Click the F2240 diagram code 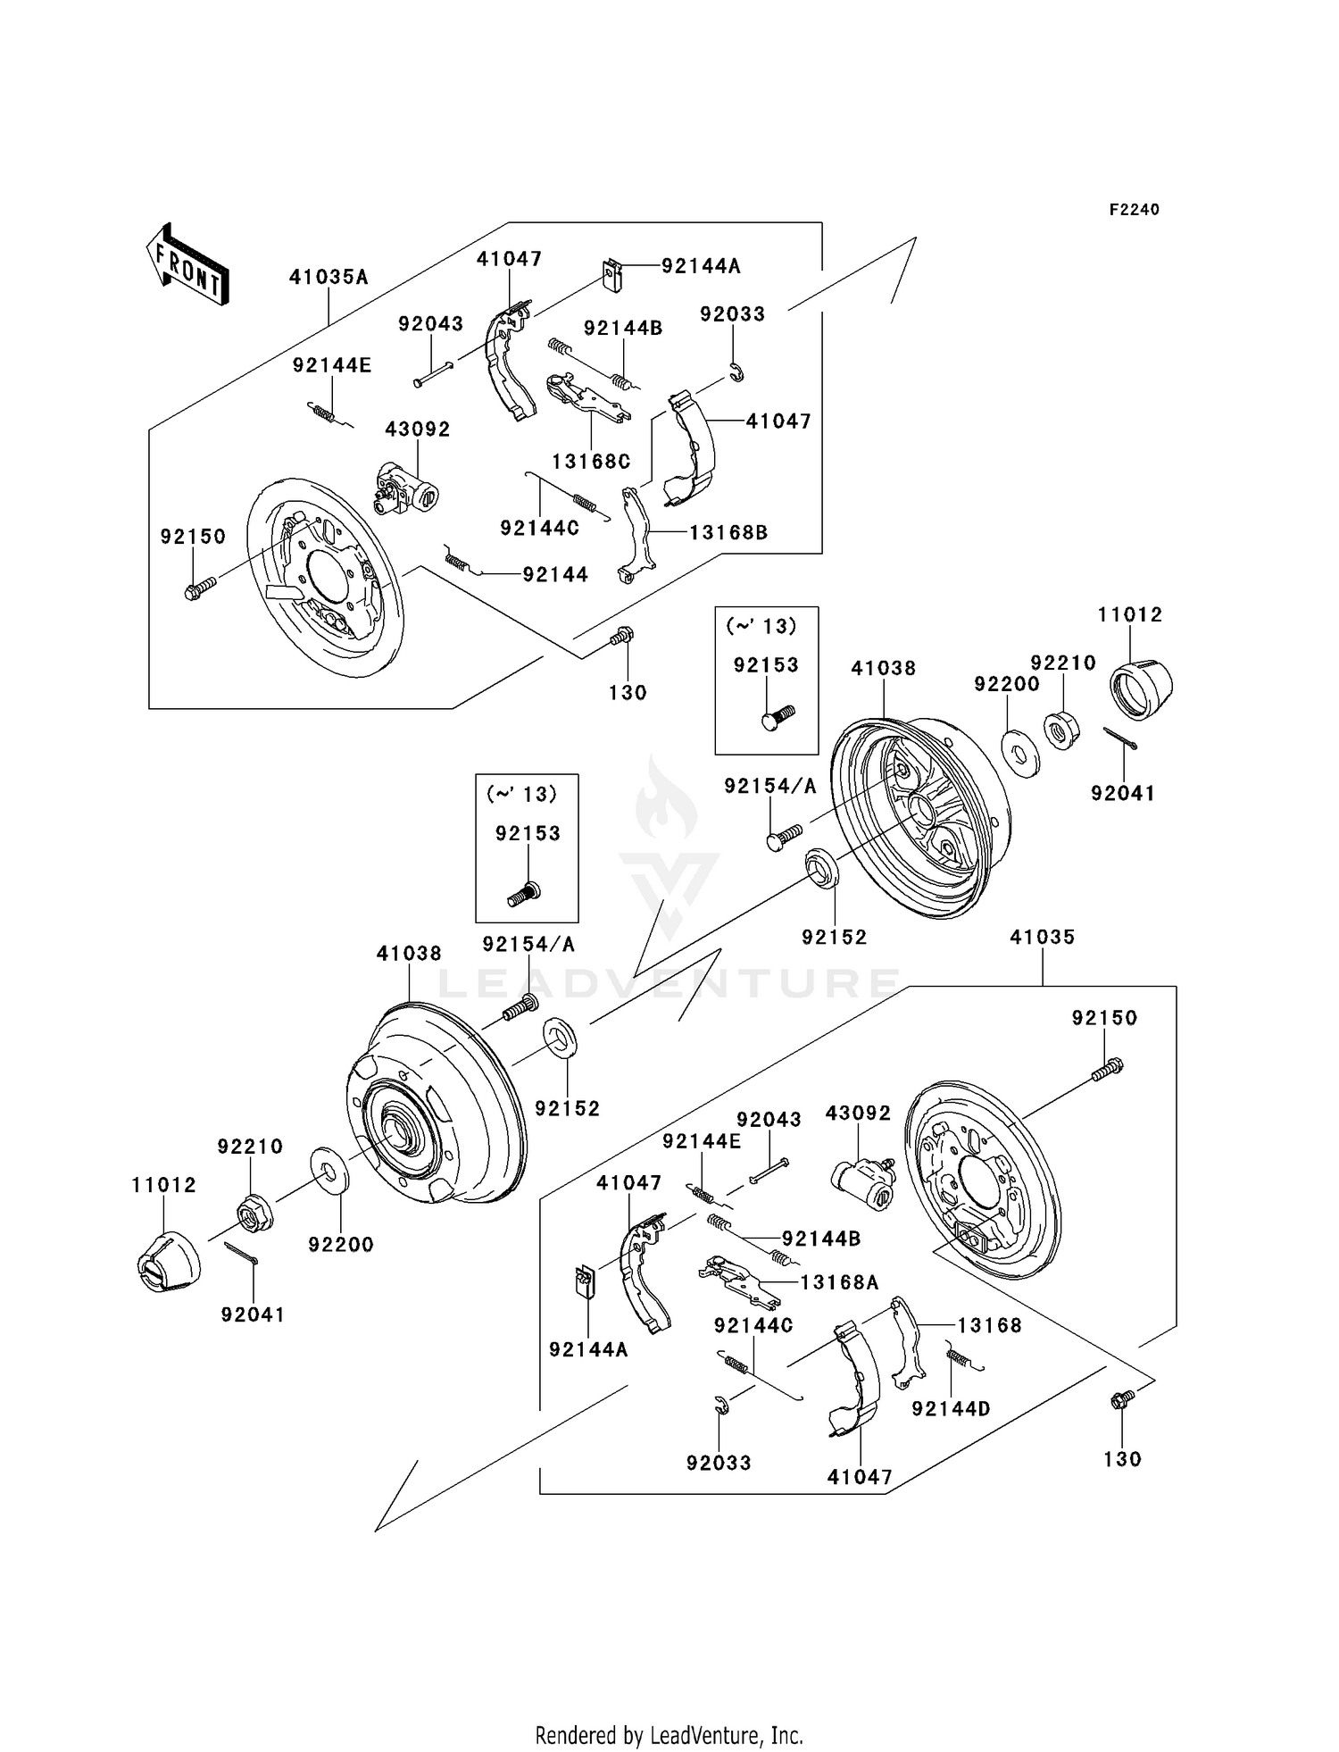[x=1134, y=210]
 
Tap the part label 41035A [x=329, y=277]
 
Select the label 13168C [x=591, y=462]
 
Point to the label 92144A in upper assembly [x=701, y=266]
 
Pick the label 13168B [x=728, y=533]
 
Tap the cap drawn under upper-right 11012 [x=1140, y=690]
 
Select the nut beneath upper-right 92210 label [x=1062, y=730]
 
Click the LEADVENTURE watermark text [x=669, y=984]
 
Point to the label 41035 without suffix [x=1042, y=937]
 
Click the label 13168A [x=839, y=1282]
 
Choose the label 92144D [x=951, y=1408]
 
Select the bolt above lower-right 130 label [x=1121, y=1399]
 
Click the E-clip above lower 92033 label [x=721, y=1406]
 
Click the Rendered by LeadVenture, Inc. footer [x=669, y=1735]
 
